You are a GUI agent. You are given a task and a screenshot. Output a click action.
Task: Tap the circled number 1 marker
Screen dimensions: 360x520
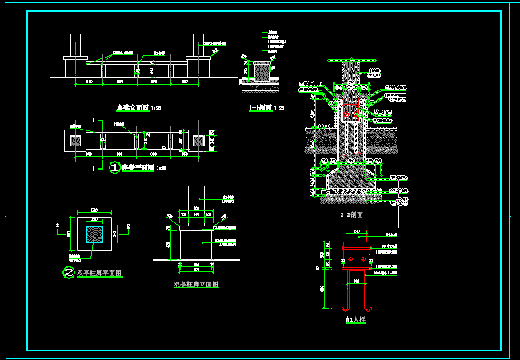pos(114,168)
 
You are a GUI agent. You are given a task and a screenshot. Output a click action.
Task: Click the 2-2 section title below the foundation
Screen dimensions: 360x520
pos(353,215)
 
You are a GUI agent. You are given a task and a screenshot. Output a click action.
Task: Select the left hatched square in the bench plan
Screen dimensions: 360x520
pos(76,141)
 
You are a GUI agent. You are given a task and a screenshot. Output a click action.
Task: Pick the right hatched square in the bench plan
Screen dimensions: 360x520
pos(197,141)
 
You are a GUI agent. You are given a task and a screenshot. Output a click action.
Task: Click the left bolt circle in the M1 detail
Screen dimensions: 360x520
pos(346,259)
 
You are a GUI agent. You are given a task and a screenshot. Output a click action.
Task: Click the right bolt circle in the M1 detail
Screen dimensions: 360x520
pos(364,259)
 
